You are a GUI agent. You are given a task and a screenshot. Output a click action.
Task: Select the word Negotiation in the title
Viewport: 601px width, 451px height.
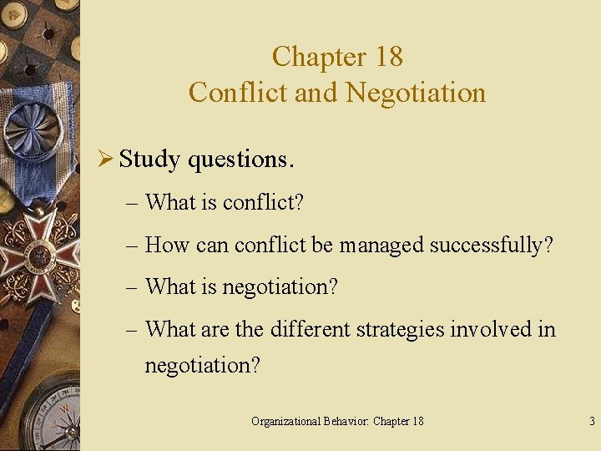coord(416,92)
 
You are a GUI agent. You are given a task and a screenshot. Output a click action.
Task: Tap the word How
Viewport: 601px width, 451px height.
coord(167,246)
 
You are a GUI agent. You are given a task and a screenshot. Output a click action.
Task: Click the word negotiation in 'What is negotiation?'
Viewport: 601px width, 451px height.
coord(280,287)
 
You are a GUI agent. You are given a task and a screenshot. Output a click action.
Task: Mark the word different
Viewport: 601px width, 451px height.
coord(310,330)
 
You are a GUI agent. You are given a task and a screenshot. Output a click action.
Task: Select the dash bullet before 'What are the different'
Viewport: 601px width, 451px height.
coord(134,330)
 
